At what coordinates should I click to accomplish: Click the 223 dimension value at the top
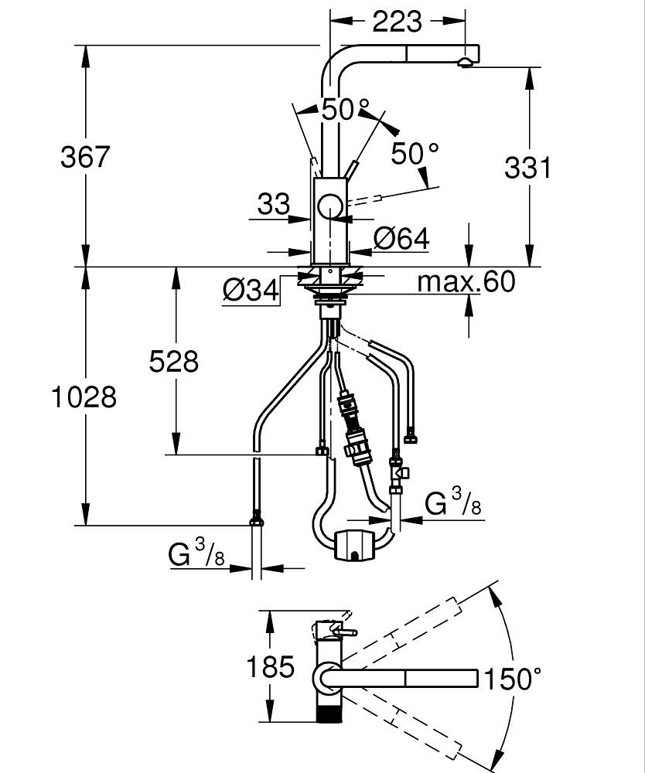tap(398, 22)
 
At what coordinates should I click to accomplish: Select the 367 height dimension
tap(85, 157)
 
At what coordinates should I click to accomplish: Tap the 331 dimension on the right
tap(528, 167)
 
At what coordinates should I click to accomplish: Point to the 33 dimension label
tap(273, 205)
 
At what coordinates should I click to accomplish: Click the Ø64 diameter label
tap(401, 239)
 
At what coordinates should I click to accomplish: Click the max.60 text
tap(466, 282)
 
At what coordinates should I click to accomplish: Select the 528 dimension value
tap(174, 361)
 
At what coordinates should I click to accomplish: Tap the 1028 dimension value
tap(84, 397)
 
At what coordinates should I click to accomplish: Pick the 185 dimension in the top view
tap(270, 666)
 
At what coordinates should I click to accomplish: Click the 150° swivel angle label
tap(512, 679)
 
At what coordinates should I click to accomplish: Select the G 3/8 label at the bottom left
tap(196, 554)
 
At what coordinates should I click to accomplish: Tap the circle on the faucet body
tap(330, 206)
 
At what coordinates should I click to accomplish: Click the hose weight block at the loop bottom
tap(354, 544)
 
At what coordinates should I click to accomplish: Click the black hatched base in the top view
tap(329, 711)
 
